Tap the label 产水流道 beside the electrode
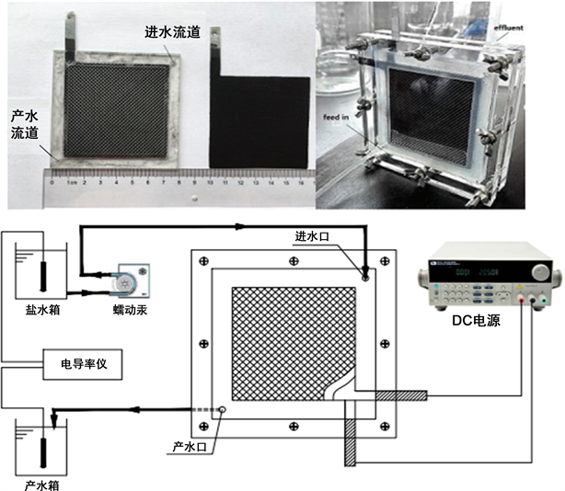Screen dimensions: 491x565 click(24, 125)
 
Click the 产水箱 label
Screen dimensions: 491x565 click(44, 481)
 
